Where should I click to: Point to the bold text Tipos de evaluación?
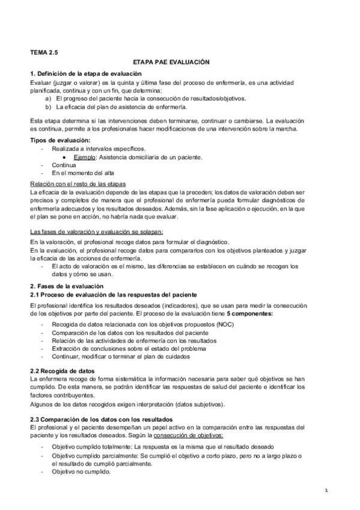pos(60,140)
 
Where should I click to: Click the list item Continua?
pos(64,164)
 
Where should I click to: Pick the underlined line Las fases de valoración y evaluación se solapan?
pos(96,232)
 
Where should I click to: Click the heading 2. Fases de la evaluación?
pos(67,285)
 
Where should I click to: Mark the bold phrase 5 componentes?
pos(250,315)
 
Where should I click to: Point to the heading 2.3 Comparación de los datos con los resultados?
pos(102,419)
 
